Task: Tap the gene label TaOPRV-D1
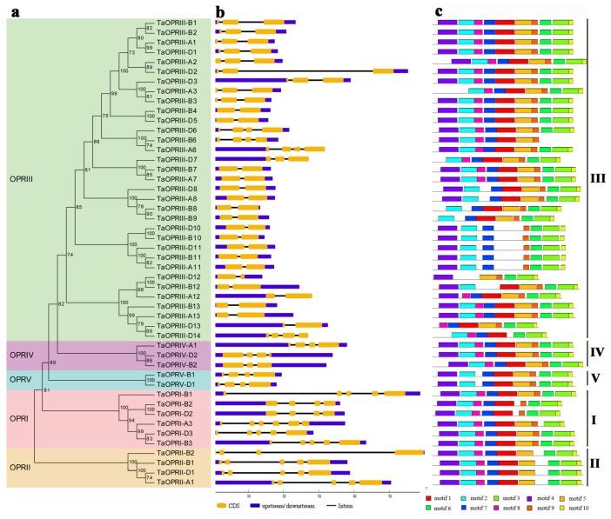pos(177,383)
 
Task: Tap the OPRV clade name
pos(21,380)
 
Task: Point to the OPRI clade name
pos(19,419)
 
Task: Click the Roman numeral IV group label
pos(594,354)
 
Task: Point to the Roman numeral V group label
pos(594,379)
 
